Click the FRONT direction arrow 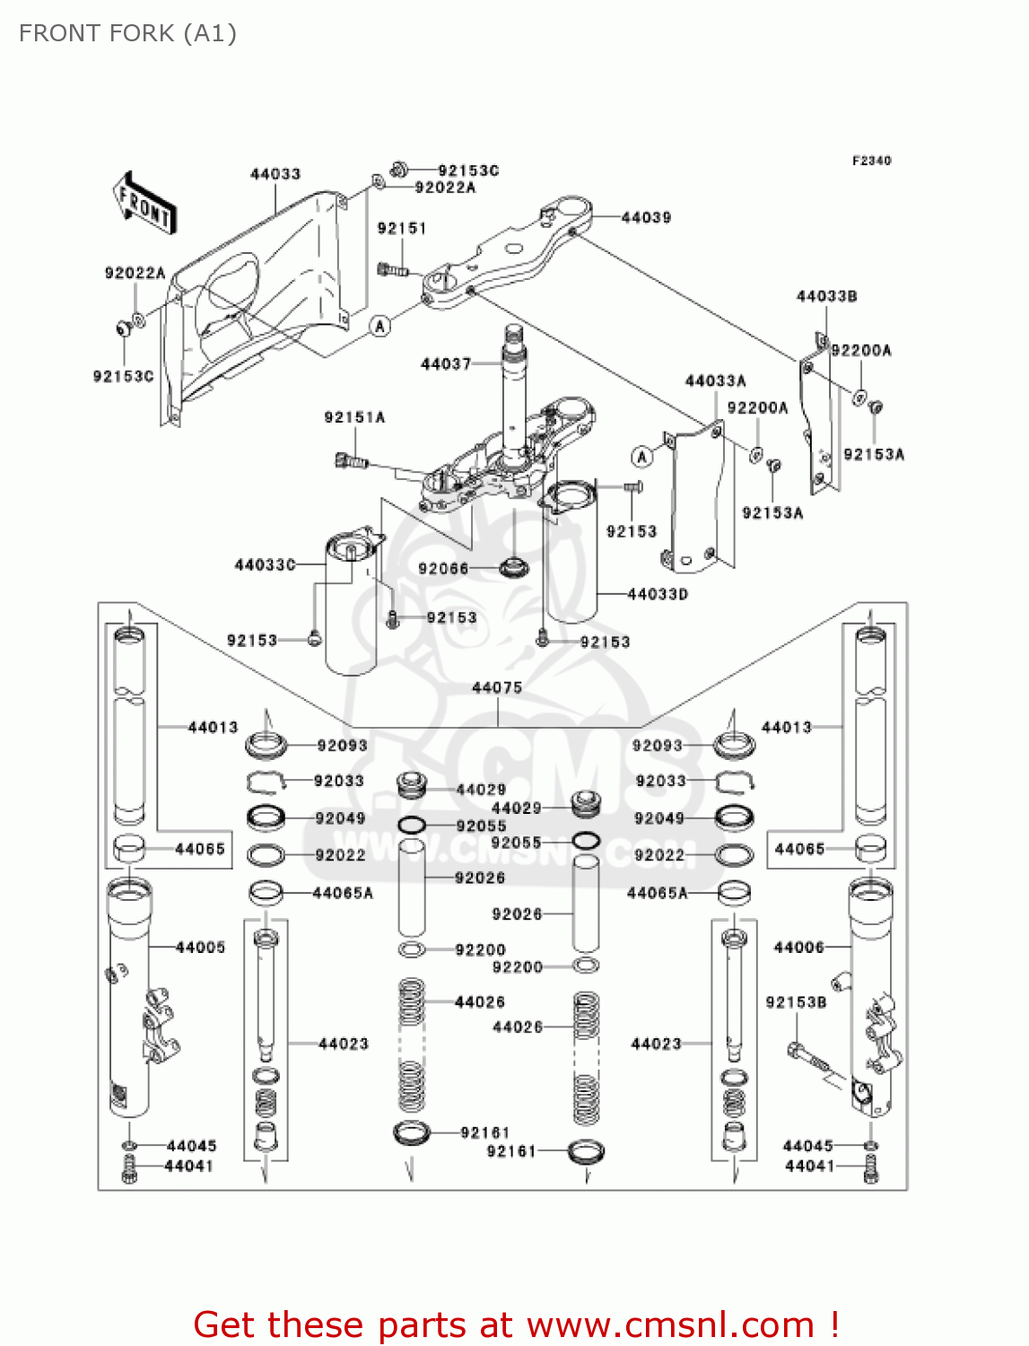144,204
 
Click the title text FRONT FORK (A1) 127,33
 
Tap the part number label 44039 646,217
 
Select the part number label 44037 446,363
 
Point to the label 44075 497,687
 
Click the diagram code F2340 871,161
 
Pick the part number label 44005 200,947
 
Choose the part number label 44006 798,947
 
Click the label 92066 443,568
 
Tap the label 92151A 354,417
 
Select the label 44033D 658,594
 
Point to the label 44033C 265,564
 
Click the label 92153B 796,1001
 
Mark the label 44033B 826,296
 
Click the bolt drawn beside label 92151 391,268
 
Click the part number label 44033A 715,380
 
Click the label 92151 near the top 401,228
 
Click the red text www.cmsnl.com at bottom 670,1324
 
